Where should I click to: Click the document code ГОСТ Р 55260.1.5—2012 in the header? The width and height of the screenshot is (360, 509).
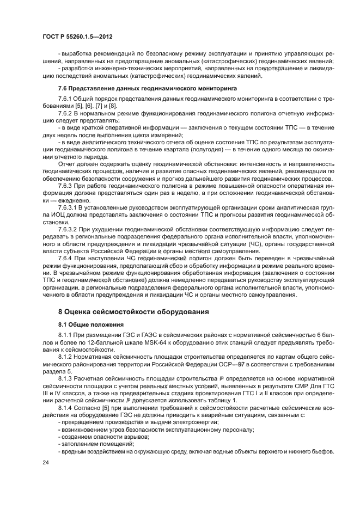pyautogui.click(x=80, y=36)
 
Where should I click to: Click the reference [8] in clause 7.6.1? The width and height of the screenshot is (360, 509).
pyautogui.click(x=113, y=105)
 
